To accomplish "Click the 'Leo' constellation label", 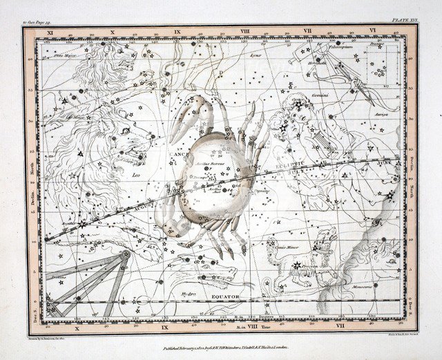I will tap(135, 176).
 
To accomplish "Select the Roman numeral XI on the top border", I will tap(50, 32).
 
